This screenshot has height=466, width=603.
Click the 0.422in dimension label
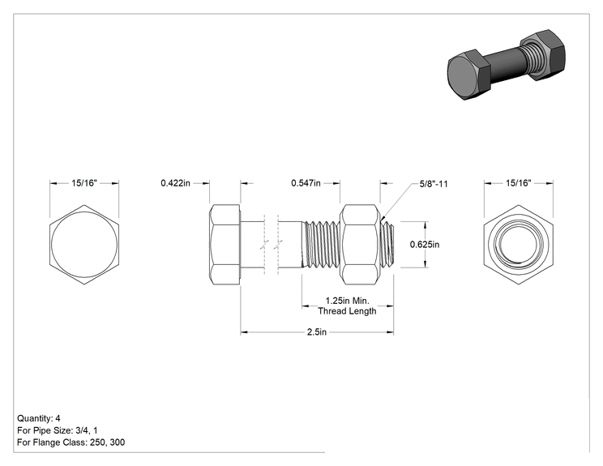point(175,183)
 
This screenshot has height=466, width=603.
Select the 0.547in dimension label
point(306,183)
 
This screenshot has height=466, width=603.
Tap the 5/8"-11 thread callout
point(434,184)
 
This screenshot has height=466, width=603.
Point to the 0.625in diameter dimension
point(425,244)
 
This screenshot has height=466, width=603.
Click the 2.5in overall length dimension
point(317,331)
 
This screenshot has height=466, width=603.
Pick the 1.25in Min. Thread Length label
point(347,306)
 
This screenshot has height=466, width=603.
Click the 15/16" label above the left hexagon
point(84,183)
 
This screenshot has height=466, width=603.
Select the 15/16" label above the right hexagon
point(519,183)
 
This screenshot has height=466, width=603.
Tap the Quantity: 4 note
point(38,418)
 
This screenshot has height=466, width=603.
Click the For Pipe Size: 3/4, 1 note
point(58,430)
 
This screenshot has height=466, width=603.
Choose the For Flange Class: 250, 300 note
point(71,442)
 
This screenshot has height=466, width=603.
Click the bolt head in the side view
point(225,245)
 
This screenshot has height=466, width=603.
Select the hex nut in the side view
point(360,245)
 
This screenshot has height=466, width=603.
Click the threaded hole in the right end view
point(519,245)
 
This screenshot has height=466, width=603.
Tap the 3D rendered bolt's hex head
point(468,75)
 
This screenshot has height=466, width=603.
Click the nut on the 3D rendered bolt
point(543,53)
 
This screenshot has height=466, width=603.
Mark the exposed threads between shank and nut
point(321,245)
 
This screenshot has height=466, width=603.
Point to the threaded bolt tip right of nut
point(387,245)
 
